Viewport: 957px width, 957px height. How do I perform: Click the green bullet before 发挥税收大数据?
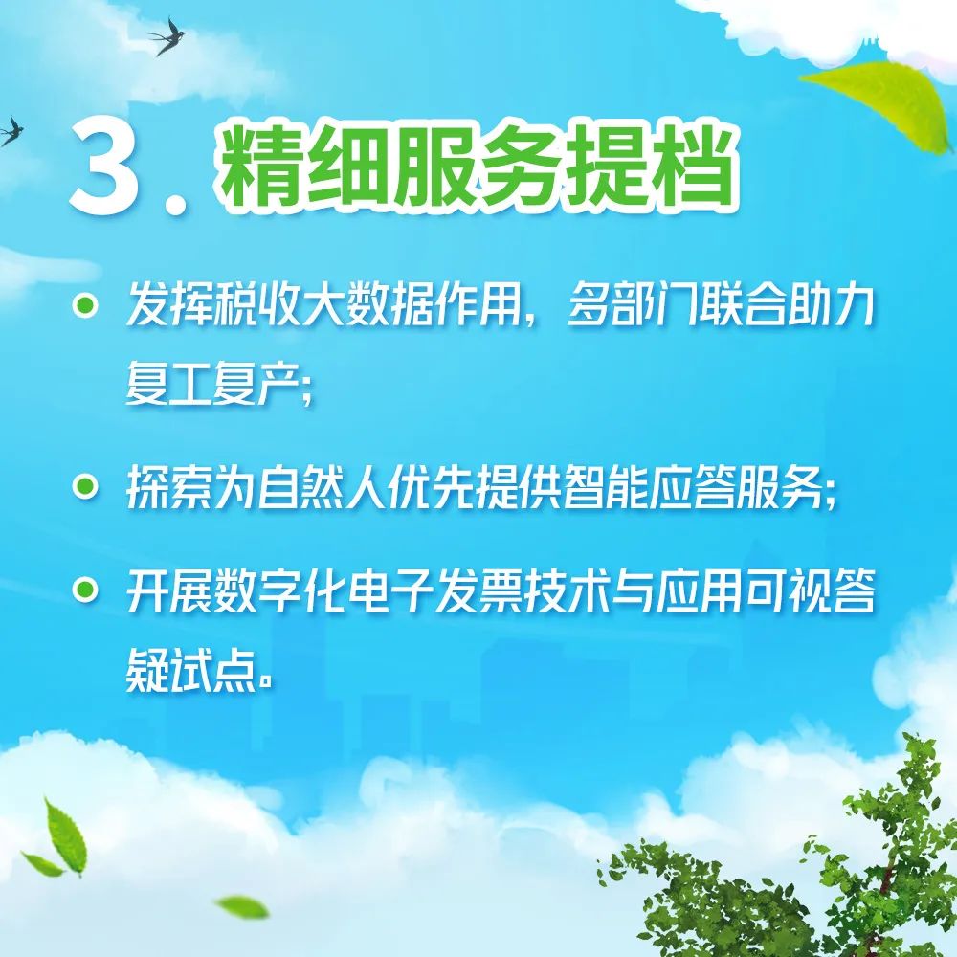85,305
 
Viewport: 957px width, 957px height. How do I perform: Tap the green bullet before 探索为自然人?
85,487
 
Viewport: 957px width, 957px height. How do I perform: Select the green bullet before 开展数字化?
85,590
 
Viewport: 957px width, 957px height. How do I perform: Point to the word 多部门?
632,305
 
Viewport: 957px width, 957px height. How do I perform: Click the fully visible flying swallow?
167,36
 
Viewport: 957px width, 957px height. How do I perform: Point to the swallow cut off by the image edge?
11,132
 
